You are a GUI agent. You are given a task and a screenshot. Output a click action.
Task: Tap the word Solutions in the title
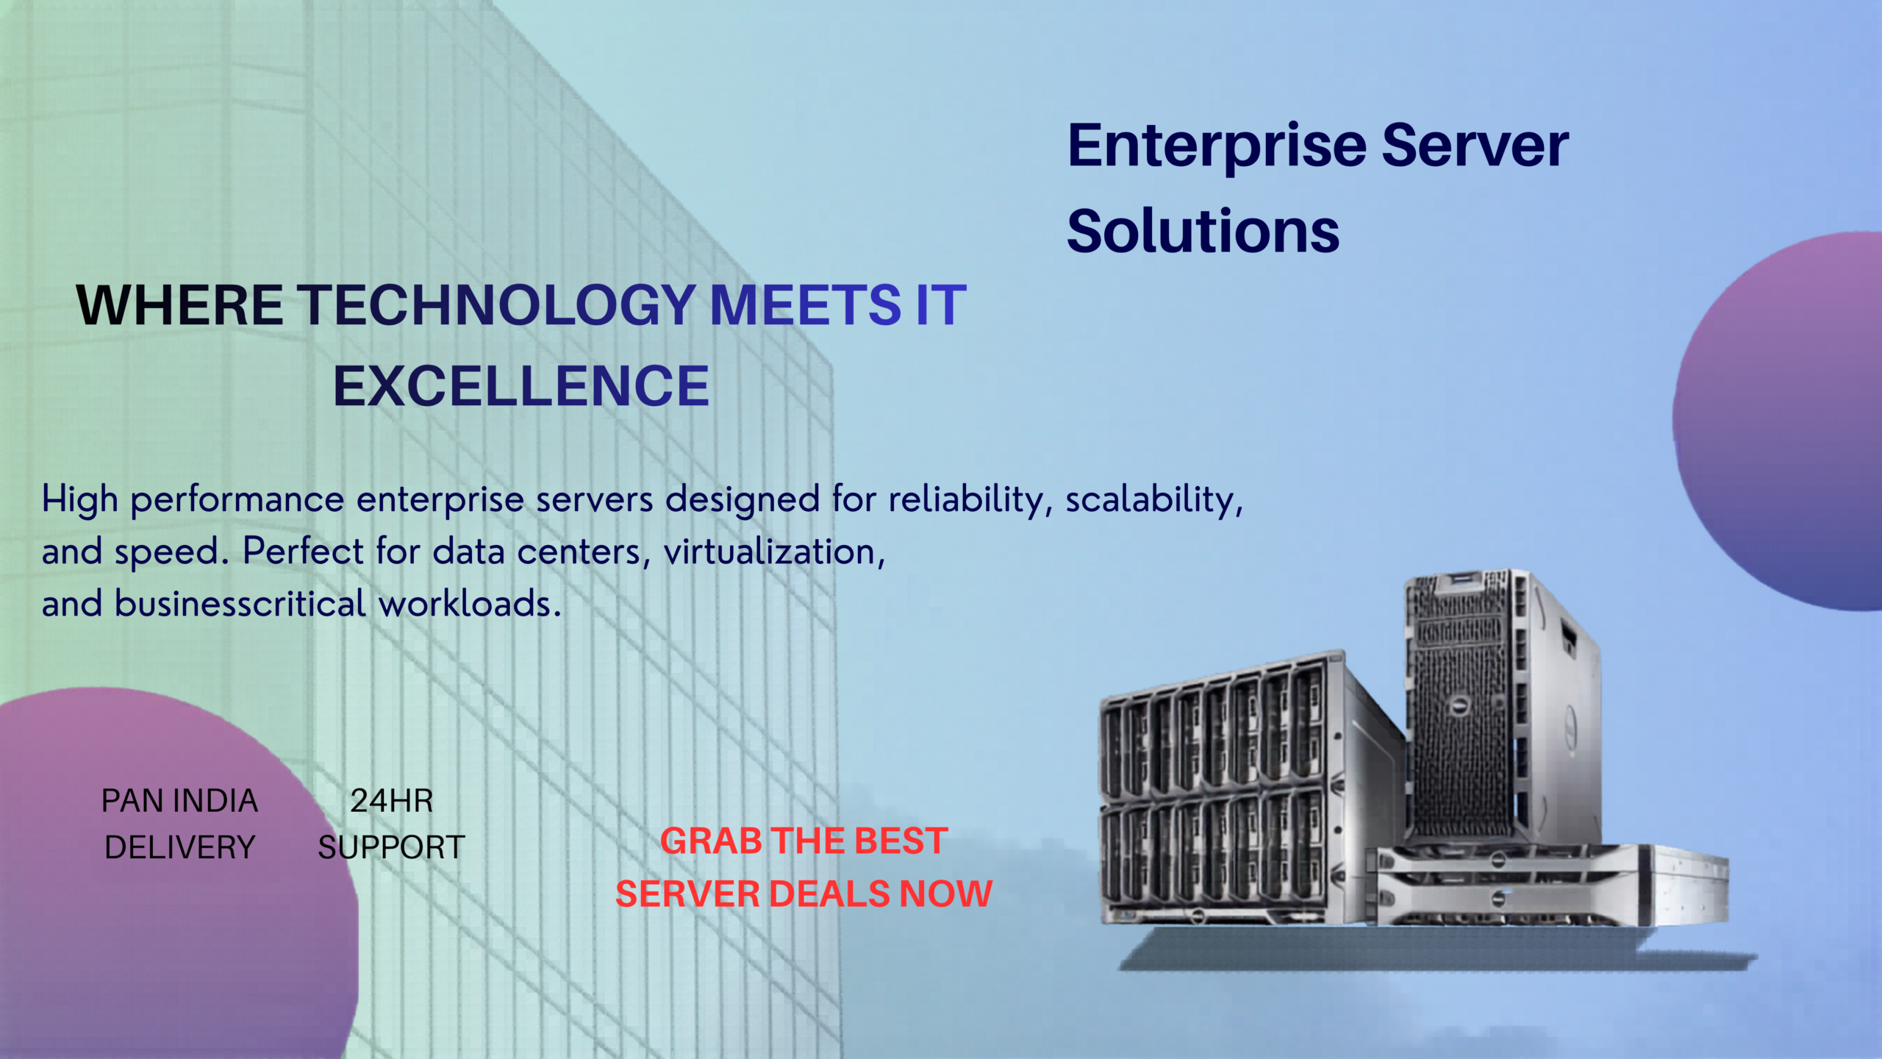tap(1203, 231)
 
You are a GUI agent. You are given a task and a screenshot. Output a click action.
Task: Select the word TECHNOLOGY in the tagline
tap(496, 304)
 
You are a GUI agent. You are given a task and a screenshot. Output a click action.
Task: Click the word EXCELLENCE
tap(521, 386)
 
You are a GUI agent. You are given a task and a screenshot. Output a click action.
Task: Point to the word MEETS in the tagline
tap(805, 304)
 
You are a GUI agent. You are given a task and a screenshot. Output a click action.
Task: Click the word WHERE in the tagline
tap(179, 304)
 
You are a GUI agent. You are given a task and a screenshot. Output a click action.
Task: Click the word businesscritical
tap(240, 604)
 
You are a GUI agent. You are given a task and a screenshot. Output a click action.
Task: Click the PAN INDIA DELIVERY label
tap(180, 824)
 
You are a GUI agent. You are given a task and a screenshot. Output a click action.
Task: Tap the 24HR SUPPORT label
tap(391, 824)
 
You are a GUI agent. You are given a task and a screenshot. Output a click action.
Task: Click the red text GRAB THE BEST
tap(804, 841)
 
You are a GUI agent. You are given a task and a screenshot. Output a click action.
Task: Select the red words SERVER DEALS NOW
tap(804, 894)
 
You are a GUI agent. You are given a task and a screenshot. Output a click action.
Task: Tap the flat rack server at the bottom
tap(1548, 886)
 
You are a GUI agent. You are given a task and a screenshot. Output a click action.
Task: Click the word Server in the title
tap(1475, 146)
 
